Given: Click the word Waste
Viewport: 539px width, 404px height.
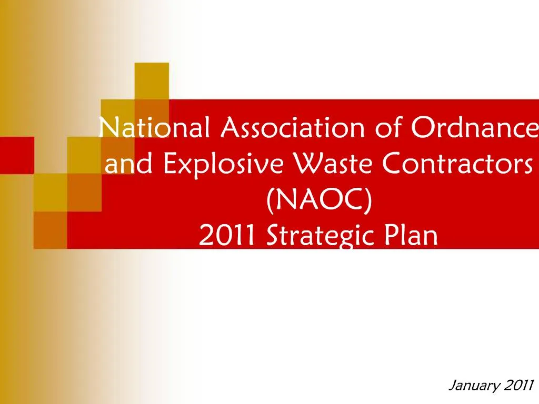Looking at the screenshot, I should pyautogui.click(x=323, y=164).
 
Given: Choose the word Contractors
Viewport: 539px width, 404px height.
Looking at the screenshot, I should pyautogui.click(x=456, y=164).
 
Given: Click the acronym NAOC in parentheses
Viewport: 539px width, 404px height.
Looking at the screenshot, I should pyautogui.click(x=320, y=200).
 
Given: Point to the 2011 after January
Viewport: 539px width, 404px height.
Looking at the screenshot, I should pyautogui.click(x=518, y=385).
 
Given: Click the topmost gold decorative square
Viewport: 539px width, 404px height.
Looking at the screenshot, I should pyautogui.click(x=152, y=80).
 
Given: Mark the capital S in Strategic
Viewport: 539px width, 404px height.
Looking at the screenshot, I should pyautogui.click(x=272, y=236).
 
